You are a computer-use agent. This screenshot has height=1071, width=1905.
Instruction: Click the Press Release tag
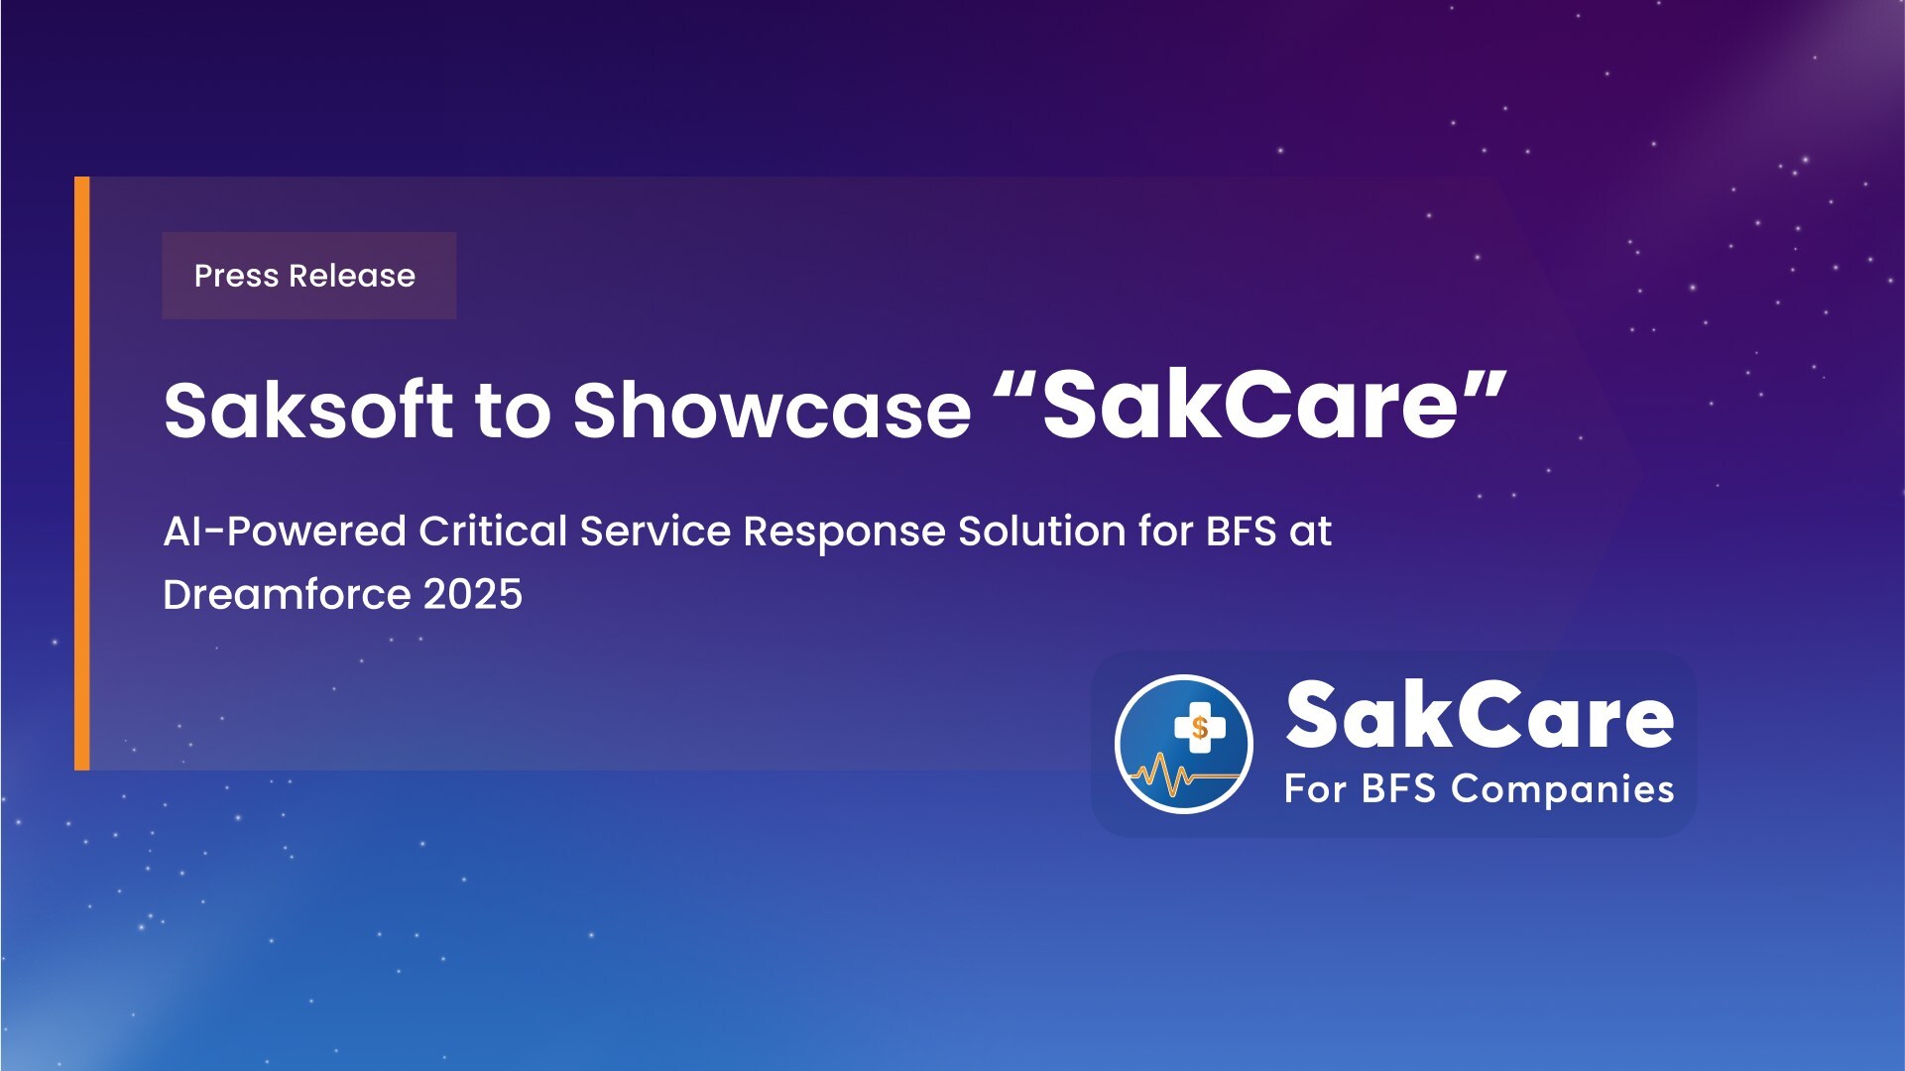click(308, 276)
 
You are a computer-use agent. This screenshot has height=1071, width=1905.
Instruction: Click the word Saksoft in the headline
click(308, 409)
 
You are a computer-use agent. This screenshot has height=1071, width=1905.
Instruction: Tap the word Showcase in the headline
click(772, 409)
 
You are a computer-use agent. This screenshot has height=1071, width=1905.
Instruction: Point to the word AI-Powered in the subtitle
click(285, 532)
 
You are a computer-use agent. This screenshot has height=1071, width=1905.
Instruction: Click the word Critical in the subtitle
click(493, 532)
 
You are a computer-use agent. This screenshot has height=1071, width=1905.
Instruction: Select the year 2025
click(473, 595)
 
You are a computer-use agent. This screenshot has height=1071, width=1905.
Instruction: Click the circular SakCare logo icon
click(1183, 744)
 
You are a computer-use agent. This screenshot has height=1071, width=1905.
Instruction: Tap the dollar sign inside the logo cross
click(1200, 728)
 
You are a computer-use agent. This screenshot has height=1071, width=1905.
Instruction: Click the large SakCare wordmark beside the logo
click(1480, 716)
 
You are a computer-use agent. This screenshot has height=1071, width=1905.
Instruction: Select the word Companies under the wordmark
click(1563, 790)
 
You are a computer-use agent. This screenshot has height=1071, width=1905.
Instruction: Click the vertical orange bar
click(81, 473)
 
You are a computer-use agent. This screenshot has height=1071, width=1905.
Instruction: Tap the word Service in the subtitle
click(655, 532)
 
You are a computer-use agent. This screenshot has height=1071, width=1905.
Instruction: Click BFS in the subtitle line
click(1241, 532)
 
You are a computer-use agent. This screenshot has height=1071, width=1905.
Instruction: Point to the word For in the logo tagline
click(1316, 789)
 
